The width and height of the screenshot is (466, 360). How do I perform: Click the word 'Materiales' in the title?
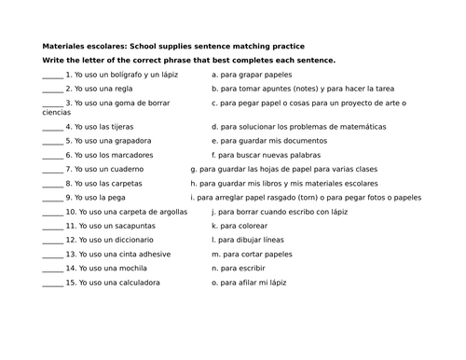[x=62, y=46]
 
